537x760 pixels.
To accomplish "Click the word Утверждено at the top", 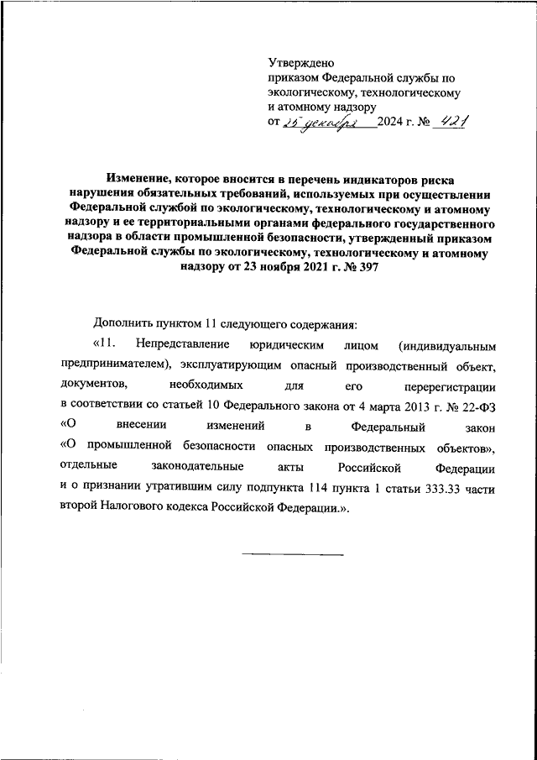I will pyautogui.click(x=301, y=62).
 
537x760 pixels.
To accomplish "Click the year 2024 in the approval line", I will pyautogui.click(x=391, y=123).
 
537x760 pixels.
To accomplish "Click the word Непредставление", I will pyautogui.click(x=181, y=345).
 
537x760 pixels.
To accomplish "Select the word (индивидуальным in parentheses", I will pyautogui.click(x=454, y=345).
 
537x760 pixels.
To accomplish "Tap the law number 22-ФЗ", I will pyautogui.click(x=476, y=406).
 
